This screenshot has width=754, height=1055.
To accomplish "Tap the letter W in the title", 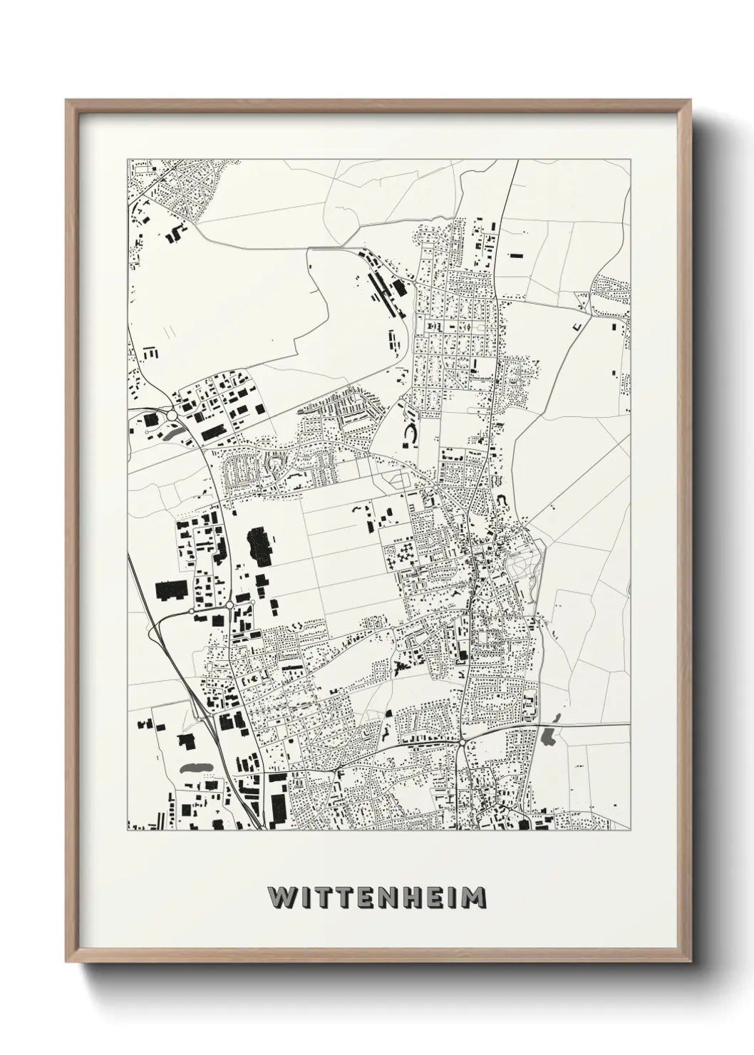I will click(279, 897).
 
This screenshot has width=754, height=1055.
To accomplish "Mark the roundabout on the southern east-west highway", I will click(463, 743).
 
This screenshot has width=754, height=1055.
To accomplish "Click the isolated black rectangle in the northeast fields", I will click(515, 254).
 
